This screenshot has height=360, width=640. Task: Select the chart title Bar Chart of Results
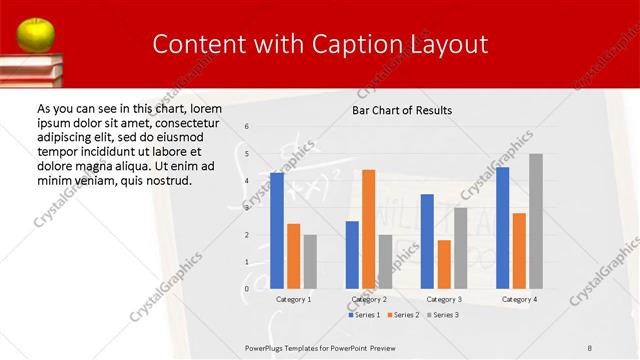[x=402, y=110]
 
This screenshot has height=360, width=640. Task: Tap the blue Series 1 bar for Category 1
[x=277, y=231]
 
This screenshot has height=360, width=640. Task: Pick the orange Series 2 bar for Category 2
[x=368, y=229]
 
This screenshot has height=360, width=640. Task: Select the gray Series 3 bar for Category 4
[x=536, y=221]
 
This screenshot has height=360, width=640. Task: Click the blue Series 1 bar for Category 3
[x=427, y=241]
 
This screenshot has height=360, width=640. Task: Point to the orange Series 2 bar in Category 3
[x=444, y=264]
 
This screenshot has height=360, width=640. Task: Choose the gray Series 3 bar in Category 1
[x=310, y=261]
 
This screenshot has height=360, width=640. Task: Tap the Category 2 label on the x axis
[x=368, y=299]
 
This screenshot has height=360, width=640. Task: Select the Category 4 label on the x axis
[x=519, y=299]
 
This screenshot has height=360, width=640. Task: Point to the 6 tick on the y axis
[x=247, y=127]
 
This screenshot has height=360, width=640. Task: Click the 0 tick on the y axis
[x=247, y=289]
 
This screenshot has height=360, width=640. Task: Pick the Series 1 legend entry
[x=364, y=315]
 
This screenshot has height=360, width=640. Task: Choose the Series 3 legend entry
[x=444, y=315]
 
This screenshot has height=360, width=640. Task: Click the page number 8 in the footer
[x=590, y=346]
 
